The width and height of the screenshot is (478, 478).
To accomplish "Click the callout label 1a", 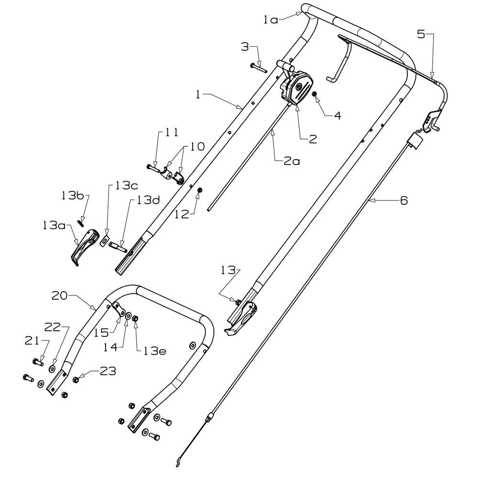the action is [271, 20].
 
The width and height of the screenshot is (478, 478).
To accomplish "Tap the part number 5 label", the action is [421, 34].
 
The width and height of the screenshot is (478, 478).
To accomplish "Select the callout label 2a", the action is [292, 161].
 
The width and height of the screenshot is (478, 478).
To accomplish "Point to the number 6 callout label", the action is [403, 200].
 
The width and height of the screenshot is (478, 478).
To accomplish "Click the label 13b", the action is [72, 196].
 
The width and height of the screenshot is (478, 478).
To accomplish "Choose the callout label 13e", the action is [155, 351].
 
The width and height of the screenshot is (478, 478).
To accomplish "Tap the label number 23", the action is [108, 371].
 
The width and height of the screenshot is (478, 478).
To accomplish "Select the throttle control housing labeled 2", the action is [296, 87].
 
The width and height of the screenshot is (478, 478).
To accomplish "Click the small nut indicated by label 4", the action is [315, 94].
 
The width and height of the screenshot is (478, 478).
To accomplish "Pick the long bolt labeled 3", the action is [259, 68].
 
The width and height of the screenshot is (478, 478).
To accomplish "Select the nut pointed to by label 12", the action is [200, 190].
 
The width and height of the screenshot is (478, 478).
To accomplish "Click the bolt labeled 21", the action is [38, 362].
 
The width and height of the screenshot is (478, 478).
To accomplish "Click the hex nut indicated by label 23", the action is [76, 380].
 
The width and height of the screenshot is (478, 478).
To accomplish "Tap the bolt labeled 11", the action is [153, 167].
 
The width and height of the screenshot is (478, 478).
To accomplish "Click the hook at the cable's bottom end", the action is [178, 462].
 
